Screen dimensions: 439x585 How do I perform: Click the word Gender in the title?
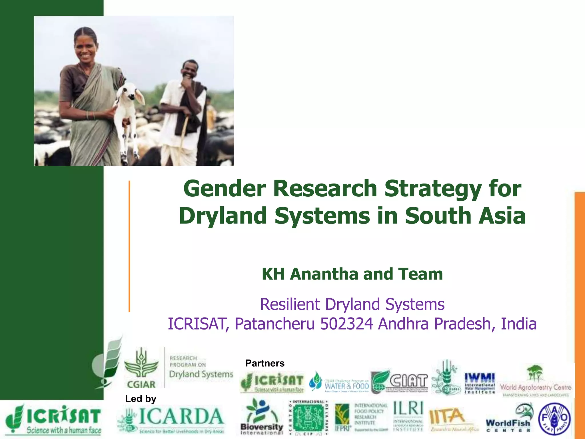pyautogui.click(x=225, y=189)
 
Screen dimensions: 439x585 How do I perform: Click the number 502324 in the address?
pyautogui.click(x=346, y=324)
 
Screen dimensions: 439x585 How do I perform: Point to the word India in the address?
pyautogui.click(x=518, y=324)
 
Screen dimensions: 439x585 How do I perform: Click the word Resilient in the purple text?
pyautogui.click(x=290, y=304)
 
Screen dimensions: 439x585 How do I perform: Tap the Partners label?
pyautogui.click(x=265, y=363)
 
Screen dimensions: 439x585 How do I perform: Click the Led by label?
pyautogui.click(x=141, y=399)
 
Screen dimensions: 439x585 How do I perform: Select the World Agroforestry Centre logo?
pyautogui.click(x=535, y=382)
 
